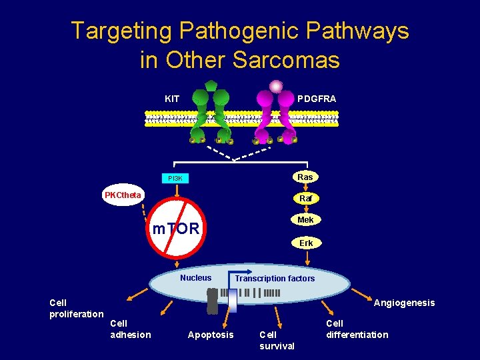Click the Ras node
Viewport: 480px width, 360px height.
(x=305, y=177)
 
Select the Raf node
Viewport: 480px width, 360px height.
(x=305, y=199)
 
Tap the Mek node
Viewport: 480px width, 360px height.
(x=305, y=220)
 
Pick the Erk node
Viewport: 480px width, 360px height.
(x=306, y=243)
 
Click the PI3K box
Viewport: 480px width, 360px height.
(x=175, y=179)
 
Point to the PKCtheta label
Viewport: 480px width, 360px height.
(x=122, y=195)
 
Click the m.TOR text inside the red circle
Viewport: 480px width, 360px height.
(x=176, y=229)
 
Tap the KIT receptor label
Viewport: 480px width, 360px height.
(x=172, y=99)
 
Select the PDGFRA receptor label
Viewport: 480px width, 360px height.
(x=317, y=99)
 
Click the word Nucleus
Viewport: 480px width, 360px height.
(x=195, y=278)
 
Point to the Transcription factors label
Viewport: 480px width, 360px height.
(x=275, y=279)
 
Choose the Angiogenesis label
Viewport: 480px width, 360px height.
(x=404, y=303)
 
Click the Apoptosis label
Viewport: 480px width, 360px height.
(x=211, y=335)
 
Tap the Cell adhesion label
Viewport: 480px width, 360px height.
(x=130, y=329)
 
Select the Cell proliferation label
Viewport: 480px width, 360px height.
(x=76, y=308)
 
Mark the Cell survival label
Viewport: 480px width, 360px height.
(x=277, y=340)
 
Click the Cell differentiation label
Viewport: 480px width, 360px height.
(x=357, y=329)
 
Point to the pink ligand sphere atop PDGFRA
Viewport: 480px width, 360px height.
(x=275, y=86)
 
